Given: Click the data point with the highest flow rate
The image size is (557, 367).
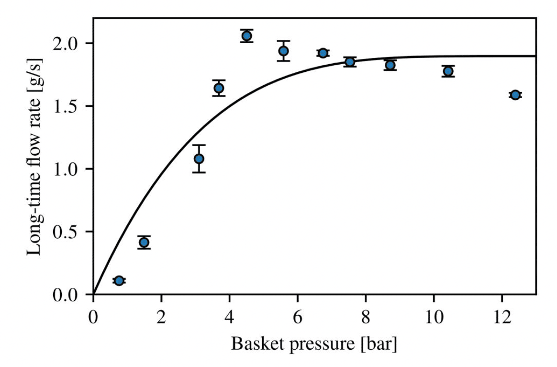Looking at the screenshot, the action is coord(246,36).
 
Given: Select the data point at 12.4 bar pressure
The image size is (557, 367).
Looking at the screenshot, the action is coord(515,95).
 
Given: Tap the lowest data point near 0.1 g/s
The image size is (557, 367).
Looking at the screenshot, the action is coord(119,281).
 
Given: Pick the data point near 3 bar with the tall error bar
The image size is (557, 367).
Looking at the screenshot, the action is coord(199,159).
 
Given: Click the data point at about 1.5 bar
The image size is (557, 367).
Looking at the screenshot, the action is coord(144,242).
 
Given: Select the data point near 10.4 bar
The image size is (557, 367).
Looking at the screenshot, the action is coord(448,71).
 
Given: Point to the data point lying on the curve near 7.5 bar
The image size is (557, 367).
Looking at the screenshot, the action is coord(350,62).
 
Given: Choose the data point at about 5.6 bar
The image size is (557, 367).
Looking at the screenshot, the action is coord(283,51).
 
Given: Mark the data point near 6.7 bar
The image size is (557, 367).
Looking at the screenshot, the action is coord(323,53).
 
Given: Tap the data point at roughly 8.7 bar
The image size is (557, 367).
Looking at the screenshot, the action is coord(390,65).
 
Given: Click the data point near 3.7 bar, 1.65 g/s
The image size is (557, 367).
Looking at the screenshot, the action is coord(219,88).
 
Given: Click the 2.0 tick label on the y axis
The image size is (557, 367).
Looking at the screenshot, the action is coord(65,44).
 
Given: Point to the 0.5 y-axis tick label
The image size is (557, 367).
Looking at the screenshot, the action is coord(65,232).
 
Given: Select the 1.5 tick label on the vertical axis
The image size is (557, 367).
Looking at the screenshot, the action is coord(65,106).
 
